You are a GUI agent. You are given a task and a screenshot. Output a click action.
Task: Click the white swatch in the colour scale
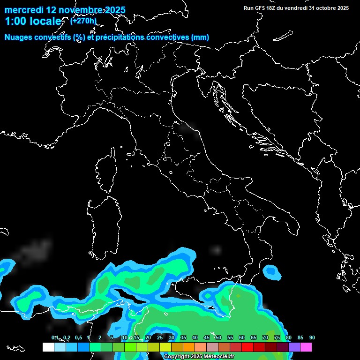pos(48,347)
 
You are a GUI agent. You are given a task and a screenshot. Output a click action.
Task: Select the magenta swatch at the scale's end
pos(306,347)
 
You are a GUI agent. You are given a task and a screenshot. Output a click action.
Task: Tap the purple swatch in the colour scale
pos(294,347)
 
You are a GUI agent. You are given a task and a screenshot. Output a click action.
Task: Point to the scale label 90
pos(312,337)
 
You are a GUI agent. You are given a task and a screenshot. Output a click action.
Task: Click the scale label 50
pos(218,337)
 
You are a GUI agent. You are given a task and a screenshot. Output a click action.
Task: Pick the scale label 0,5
pos(78,337)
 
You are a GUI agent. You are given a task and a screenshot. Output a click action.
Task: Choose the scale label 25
pos(160,337)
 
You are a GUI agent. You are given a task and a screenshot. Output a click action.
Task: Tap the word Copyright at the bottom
pos(177,357)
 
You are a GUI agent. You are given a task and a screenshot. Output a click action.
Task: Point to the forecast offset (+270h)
pos(83,21)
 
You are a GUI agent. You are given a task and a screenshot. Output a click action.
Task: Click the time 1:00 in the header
pos(15,22)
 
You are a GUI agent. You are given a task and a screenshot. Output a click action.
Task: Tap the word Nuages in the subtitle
pos(18,37)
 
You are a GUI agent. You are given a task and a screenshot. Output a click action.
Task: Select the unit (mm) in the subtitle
pos(200,37)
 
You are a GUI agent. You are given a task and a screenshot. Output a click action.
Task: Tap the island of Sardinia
pos(100,225)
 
